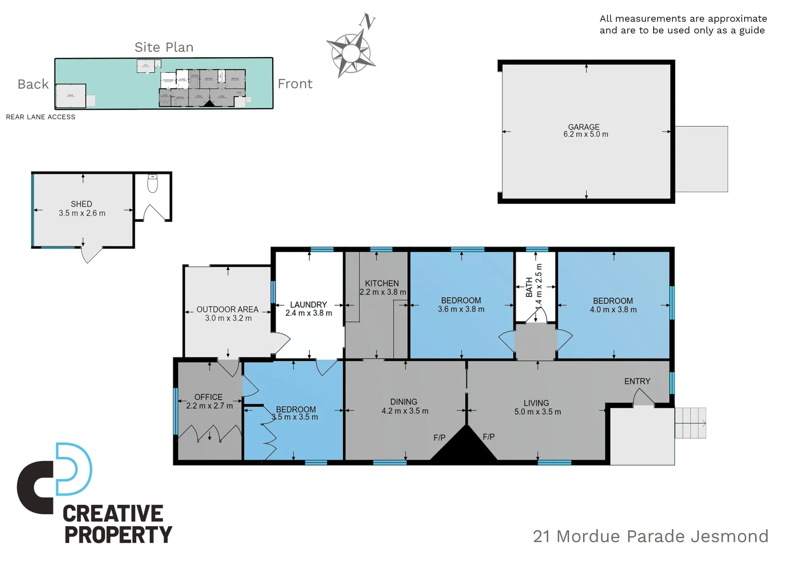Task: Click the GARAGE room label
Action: [x=584, y=127]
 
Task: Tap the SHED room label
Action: [x=82, y=204]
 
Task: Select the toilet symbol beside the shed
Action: [x=152, y=183]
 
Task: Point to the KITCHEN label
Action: [x=382, y=283]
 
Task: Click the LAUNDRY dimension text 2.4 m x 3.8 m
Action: [x=309, y=313]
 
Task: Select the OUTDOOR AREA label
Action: [x=228, y=309]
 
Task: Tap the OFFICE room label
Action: [x=208, y=397]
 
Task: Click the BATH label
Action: [x=529, y=287]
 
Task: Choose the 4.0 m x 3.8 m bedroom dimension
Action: [x=613, y=310]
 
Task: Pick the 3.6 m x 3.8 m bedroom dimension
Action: [x=461, y=310]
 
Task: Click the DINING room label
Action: [x=404, y=402]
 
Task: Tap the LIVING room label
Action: [x=536, y=403]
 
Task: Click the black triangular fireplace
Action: [x=464, y=446]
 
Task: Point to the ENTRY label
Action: [x=637, y=381]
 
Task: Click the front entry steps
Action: [x=690, y=423]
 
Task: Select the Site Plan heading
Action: [x=164, y=47]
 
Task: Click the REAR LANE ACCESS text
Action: [x=41, y=117]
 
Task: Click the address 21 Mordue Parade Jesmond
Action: [x=651, y=536]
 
